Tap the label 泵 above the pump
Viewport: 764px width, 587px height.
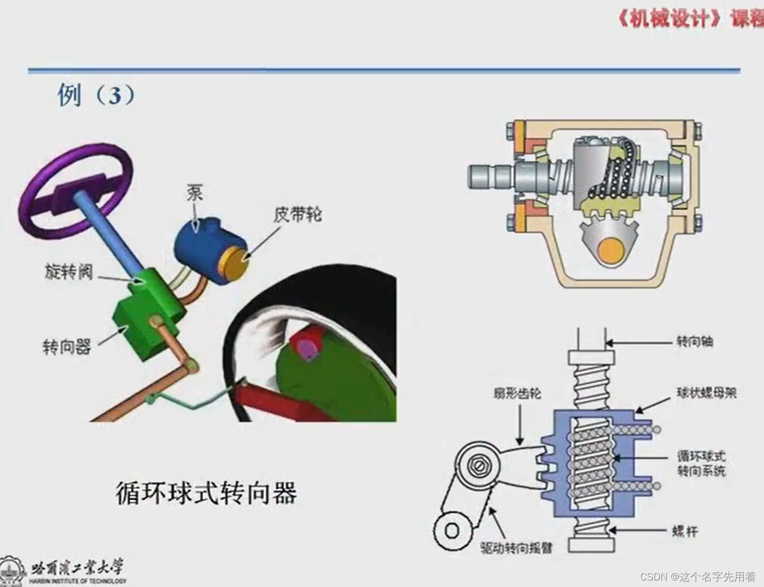coord(195,193)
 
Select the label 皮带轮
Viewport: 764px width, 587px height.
coord(297,214)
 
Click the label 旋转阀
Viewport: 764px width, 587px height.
coord(69,271)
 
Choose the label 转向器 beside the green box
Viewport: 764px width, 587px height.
coord(67,346)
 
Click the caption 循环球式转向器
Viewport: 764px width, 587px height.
coord(206,493)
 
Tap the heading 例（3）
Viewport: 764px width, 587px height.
coord(96,96)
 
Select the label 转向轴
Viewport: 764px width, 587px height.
coord(695,342)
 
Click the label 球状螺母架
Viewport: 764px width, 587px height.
coord(707,393)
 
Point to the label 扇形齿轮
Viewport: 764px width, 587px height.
coord(517,393)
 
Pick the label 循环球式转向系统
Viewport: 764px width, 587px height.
coord(701,463)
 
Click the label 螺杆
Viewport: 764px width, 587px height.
coord(685,531)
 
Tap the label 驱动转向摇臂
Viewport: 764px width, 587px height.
coord(516,547)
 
